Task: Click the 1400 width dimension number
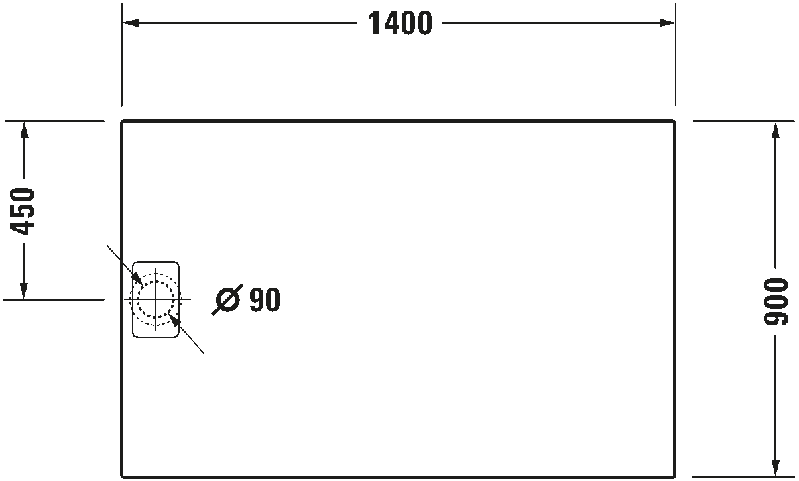click(400, 23)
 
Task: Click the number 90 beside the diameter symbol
click(265, 300)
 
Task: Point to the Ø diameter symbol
click(227, 300)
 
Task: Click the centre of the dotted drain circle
click(156, 299)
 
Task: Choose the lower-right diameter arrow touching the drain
click(176, 321)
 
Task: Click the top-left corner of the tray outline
click(122, 121)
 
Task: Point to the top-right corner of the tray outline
click(674, 121)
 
